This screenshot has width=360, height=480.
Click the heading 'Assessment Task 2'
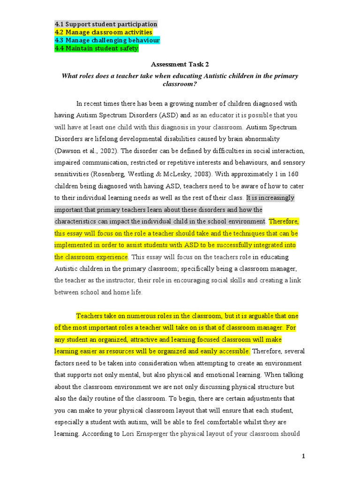point(180,65)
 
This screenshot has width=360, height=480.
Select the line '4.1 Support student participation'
point(106,24)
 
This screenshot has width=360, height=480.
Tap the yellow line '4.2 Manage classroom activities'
point(103,32)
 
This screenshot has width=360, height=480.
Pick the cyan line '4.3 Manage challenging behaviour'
point(107,40)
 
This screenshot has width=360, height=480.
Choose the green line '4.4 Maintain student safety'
point(96,48)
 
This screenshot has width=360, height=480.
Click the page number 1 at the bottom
point(303,456)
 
